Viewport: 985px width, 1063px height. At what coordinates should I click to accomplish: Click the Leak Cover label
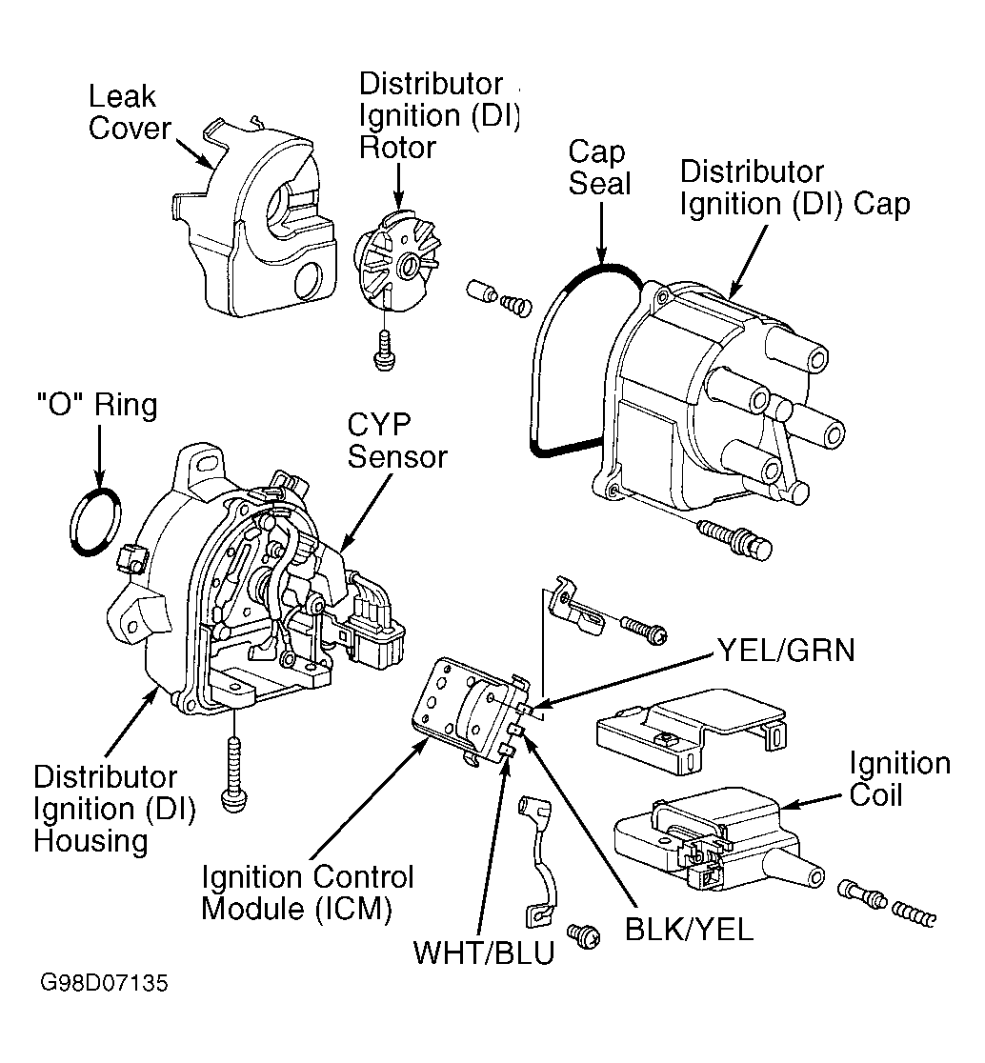129,112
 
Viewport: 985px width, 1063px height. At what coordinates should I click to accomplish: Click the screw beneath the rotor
384,351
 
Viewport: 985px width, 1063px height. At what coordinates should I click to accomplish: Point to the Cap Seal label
599,168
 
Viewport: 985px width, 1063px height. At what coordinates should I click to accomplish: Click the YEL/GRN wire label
786,651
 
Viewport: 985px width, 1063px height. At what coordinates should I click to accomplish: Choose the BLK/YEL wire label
689,929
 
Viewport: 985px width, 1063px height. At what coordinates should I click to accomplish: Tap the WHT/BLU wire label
484,952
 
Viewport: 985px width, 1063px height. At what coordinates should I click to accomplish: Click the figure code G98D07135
104,983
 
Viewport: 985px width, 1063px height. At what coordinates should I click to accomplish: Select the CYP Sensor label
397,441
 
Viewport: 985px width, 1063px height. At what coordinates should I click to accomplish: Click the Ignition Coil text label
899,779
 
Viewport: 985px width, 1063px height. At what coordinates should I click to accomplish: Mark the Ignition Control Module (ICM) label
307,893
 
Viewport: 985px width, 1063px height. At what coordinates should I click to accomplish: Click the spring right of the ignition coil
914,913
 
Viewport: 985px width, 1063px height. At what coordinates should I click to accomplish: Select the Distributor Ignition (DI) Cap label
794,188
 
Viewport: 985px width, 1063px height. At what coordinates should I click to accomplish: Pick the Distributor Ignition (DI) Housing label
114,809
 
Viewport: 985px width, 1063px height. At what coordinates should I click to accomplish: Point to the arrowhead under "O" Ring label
100,477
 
